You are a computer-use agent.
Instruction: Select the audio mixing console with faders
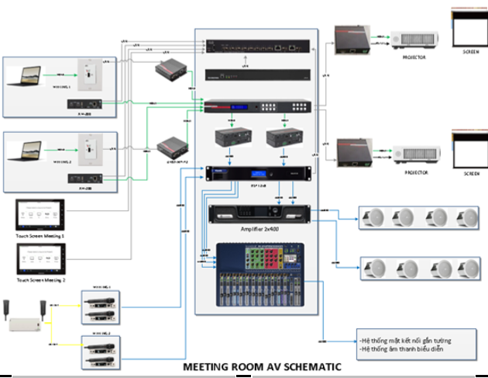pyautogui.click(x=258, y=276)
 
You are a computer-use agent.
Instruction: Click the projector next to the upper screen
pyautogui.click(x=414, y=40)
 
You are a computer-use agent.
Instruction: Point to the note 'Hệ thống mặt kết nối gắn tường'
pyautogui.click(x=406, y=340)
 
